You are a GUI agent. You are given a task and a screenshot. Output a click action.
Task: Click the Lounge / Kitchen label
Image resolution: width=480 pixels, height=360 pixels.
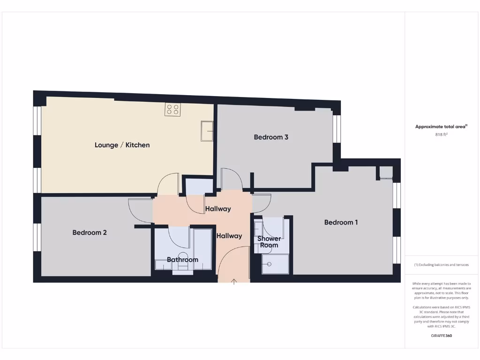click(x=122, y=145)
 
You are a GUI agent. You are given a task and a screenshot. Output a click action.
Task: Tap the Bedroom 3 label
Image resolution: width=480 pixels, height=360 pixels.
click(x=271, y=137)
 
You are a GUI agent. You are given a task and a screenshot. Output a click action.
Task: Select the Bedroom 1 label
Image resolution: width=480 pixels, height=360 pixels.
click(x=341, y=222)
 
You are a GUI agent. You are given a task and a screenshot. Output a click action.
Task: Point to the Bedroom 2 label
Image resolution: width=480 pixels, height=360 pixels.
click(x=90, y=232)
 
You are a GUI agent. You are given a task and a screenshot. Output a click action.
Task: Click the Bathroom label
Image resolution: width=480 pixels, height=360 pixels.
click(x=182, y=260)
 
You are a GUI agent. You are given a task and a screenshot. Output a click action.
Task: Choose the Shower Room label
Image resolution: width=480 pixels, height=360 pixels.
click(x=269, y=242)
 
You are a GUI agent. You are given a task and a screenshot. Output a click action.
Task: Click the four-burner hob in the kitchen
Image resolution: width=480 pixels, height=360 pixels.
click(x=172, y=110)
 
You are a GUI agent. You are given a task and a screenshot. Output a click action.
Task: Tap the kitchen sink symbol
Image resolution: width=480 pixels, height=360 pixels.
click(x=207, y=131)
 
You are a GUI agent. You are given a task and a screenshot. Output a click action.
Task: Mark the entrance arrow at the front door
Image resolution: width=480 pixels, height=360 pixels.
click(x=234, y=281)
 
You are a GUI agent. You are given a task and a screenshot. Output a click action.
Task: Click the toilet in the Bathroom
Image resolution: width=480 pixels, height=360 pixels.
click(x=182, y=268)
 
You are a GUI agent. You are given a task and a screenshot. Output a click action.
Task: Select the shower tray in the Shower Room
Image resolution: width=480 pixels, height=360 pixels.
click(x=276, y=264)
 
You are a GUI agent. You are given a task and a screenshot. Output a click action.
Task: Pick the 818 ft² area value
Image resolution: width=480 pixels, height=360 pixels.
click(x=441, y=135)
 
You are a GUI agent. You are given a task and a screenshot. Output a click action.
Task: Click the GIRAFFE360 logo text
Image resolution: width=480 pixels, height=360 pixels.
click(x=441, y=336)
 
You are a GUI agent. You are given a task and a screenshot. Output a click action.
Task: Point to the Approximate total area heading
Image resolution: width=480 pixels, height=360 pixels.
click(x=441, y=127)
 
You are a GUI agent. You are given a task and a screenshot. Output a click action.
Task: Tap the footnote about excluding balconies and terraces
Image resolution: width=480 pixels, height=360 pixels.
click(x=441, y=265)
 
